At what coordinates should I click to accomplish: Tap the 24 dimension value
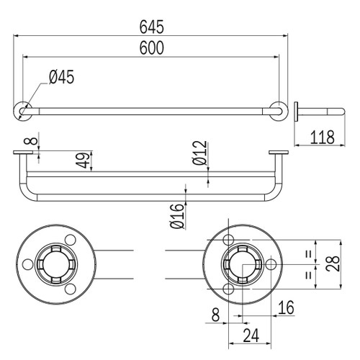[x=250, y=335]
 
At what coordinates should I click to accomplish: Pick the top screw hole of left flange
[x=71, y=240]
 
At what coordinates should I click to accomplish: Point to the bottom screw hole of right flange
[x=228, y=288]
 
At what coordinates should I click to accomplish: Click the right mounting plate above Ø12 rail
[x=277, y=153]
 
